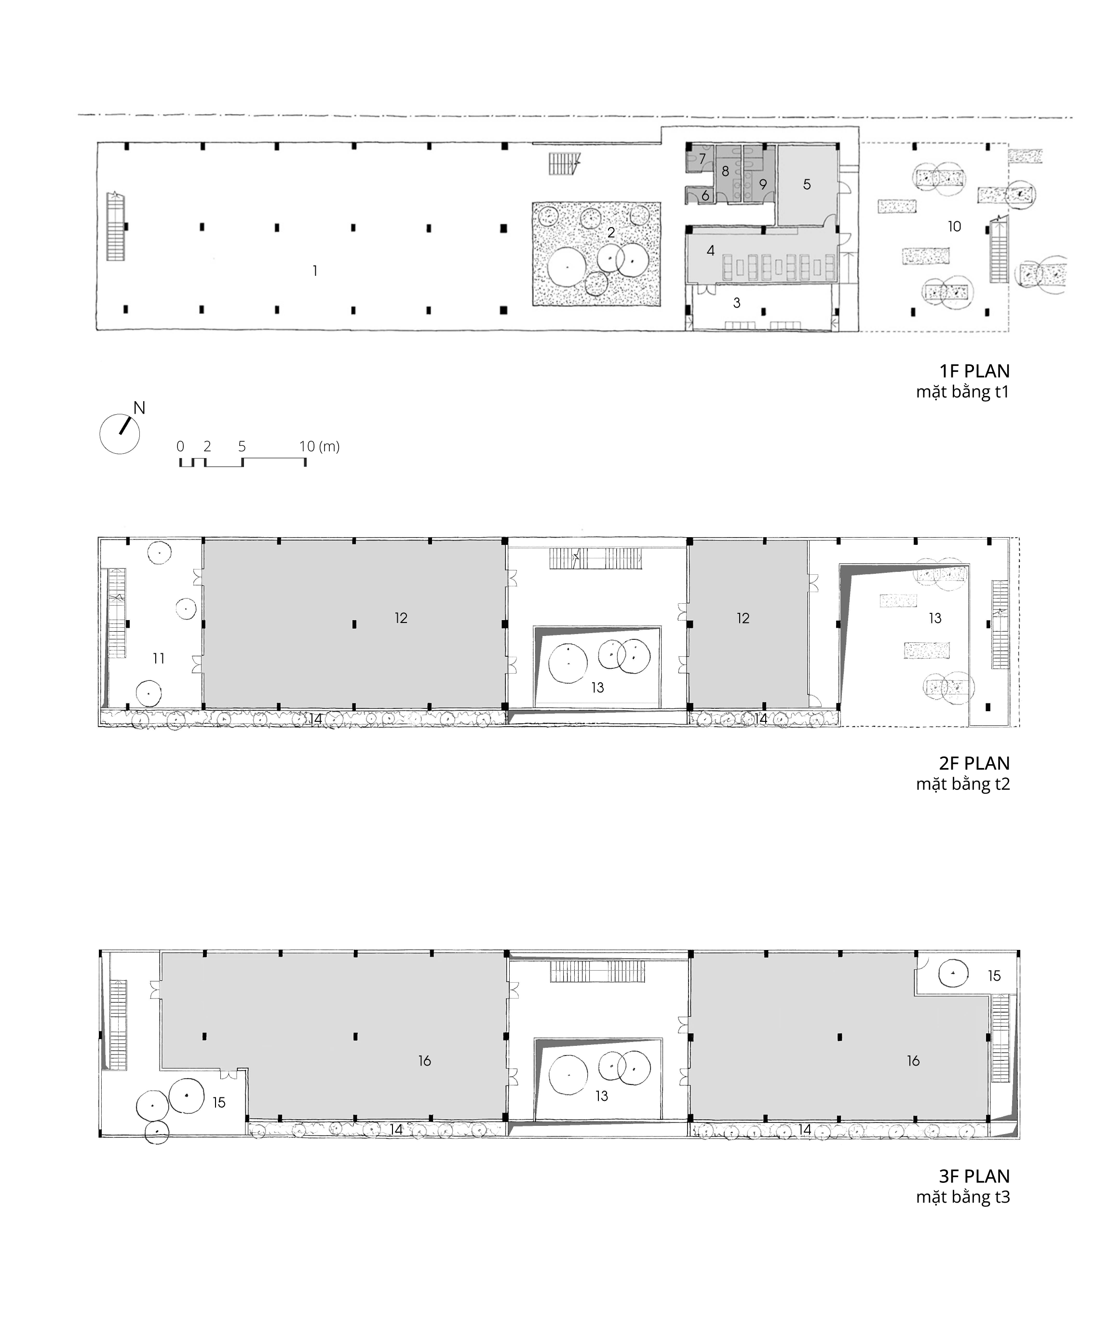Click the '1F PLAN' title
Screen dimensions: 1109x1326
point(974,371)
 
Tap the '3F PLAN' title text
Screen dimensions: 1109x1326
point(974,1177)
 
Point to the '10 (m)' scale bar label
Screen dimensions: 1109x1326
point(320,447)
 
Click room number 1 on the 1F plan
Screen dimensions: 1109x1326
point(315,271)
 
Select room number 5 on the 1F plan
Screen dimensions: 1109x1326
point(807,184)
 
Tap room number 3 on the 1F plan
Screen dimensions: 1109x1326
point(737,303)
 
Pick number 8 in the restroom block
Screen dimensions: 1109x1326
point(726,171)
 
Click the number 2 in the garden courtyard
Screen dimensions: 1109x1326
point(611,232)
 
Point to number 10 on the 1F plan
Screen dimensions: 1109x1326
point(954,226)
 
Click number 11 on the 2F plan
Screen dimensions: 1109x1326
point(159,659)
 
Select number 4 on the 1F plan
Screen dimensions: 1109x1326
point(711,251)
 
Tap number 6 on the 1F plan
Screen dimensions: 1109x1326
point(705,196)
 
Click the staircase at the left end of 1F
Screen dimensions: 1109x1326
point(116,226)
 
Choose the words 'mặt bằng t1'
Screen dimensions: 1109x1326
point(963,392)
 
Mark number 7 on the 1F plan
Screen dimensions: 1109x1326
point(702,159)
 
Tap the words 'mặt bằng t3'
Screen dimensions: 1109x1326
point(963,1197)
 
